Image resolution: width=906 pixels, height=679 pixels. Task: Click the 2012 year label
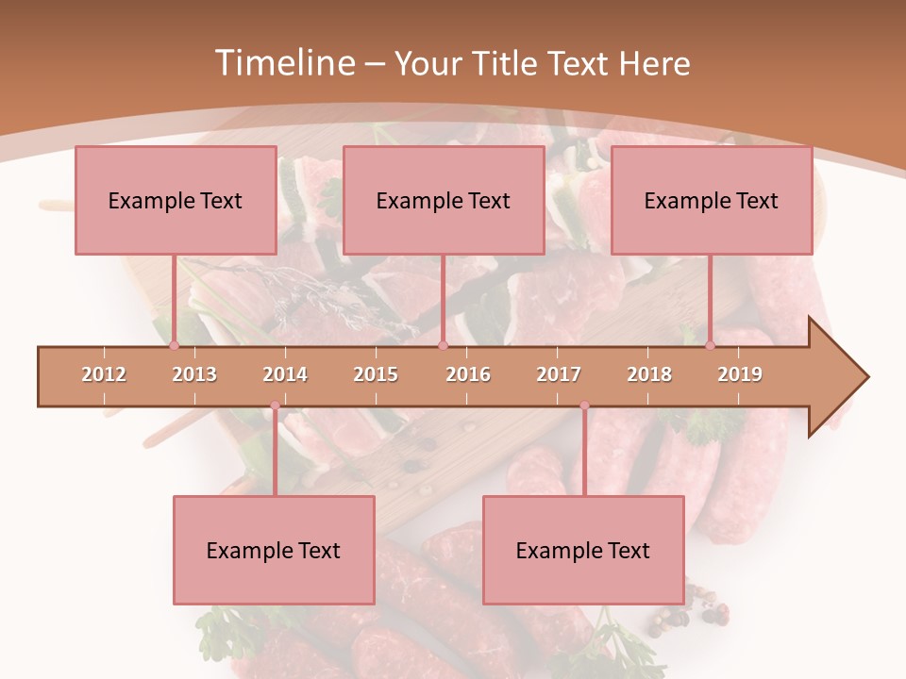(x=104, y=374)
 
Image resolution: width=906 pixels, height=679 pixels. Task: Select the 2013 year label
(x=194, y=374)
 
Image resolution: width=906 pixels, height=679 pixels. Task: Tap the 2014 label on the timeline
(x=285, y=374)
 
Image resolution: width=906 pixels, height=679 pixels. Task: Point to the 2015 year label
(x=376, y=374)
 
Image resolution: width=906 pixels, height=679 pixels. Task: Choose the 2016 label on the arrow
(x=468, y=374)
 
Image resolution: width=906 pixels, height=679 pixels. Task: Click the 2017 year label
(x=559, y=374)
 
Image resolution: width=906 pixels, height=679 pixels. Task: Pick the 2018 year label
(x=649, y=374)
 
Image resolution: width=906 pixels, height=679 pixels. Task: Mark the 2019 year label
(x=740, y=374)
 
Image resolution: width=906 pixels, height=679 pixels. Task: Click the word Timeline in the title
(x=283, y=63)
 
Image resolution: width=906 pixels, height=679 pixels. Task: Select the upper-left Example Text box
(x=176, y=200)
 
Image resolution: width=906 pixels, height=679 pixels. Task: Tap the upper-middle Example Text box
(x=444, y=200)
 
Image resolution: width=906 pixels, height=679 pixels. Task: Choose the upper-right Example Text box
(x=712, y=200)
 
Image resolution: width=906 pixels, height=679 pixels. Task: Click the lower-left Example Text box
(x=274, y=550)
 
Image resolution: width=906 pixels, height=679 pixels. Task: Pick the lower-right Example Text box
(x=583, y=550)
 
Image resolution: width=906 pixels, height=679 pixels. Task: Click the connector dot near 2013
(x=174, y=346)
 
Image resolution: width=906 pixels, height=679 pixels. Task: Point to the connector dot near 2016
(x=443, y=346)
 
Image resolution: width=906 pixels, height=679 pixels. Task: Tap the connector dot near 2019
(x=711, y=346)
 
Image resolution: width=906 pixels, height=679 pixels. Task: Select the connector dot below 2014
(x=275, y=406)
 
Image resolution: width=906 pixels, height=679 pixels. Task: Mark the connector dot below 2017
(x=584, y=406)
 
